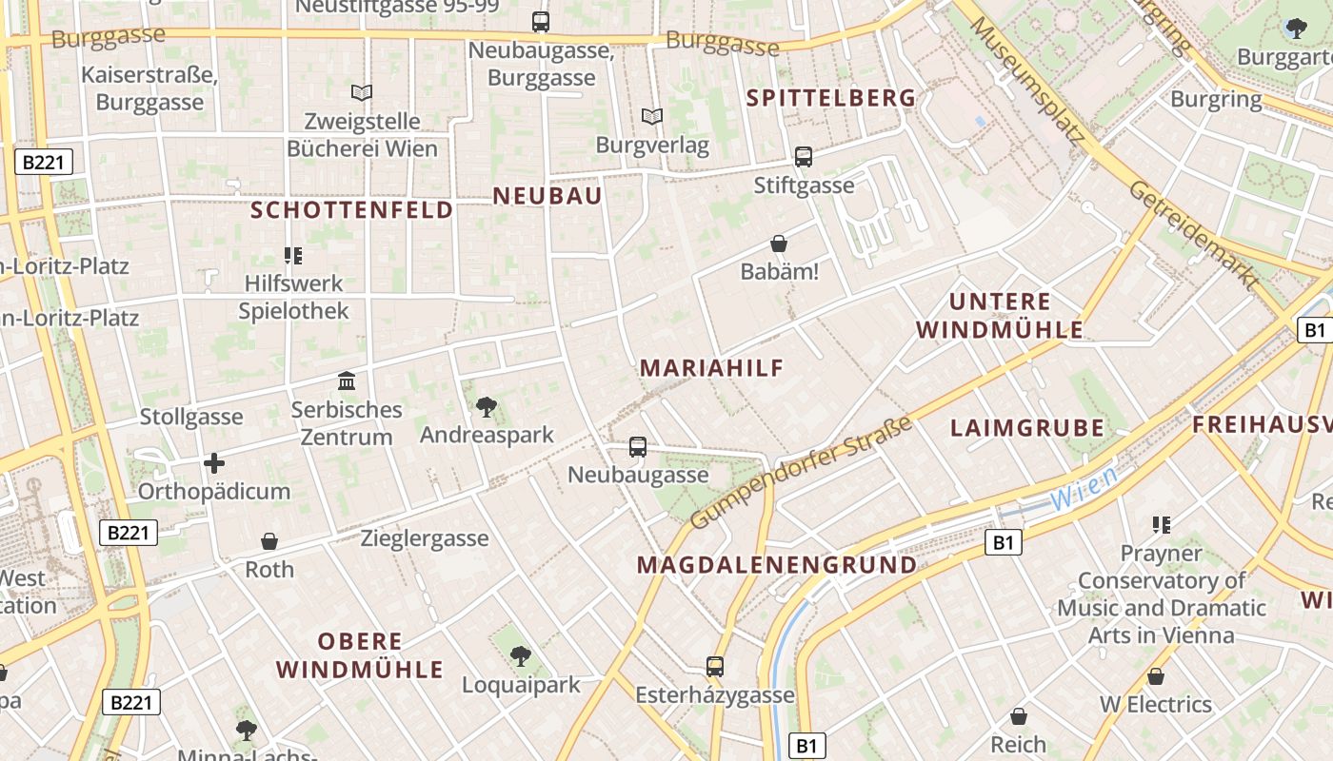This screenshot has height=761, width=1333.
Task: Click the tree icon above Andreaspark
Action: (x=487, y=407)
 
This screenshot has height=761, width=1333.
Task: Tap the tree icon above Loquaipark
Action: (x=520, y=655)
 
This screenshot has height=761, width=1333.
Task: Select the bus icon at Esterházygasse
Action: (x=715, y=667)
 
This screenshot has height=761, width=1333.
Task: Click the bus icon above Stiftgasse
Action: (x=804, y=157)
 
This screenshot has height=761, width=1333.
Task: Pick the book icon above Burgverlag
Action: (x=652, y=116)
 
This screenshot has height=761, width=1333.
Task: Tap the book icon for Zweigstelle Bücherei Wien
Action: (x=362, y=92)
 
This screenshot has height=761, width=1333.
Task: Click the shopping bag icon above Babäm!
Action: (x=779, y=244)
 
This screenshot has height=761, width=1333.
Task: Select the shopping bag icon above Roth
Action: (x=269, y=541)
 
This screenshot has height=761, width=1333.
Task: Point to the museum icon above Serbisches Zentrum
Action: (x=347, y=381)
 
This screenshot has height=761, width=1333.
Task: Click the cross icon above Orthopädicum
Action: (x=214, y=463)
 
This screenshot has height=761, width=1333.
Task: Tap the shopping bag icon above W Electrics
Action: (x=1156, y=676)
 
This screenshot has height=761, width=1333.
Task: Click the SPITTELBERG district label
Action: (x=831, y=98)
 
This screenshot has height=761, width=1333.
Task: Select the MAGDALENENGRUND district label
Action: (x=776, y=565)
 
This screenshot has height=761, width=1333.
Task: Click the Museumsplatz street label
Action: (x=1027, y=81)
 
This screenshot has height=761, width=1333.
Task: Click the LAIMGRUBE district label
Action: (x=1027, y=428)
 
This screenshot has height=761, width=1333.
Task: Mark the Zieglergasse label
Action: (x=425, y=538)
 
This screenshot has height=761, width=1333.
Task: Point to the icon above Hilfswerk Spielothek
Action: (x=293, y=255)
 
